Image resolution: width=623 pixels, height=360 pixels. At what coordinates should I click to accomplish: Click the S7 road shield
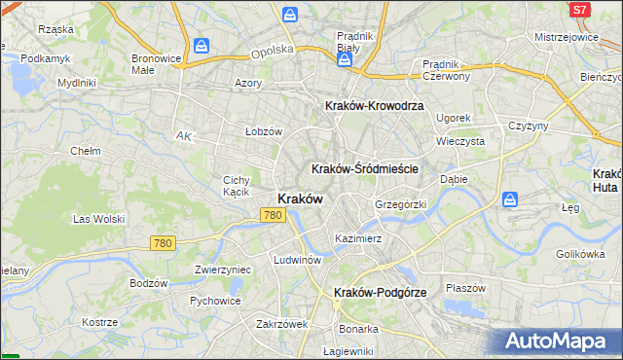click(x=580, y=9)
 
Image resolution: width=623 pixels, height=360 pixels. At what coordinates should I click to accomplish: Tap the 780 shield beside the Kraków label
click(x=274, y=215)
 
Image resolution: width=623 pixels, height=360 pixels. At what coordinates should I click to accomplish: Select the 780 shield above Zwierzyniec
click(x=163, y=242)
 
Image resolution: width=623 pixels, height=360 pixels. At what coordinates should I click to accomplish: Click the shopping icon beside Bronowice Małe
click(x=202, y=46)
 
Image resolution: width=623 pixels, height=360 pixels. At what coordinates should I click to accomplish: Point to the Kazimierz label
click(x=357, y=237)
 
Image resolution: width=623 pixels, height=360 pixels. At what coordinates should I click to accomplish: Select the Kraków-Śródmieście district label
click(x=365, y=168)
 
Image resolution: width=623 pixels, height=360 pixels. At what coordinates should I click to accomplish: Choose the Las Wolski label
click(x=95, y=219)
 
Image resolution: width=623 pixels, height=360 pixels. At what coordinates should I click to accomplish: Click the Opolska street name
click(x=272, y=49)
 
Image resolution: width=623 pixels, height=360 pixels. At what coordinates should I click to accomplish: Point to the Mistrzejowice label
click(x=566, y=36)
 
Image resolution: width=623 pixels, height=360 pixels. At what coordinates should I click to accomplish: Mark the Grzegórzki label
click(x=401, y=205)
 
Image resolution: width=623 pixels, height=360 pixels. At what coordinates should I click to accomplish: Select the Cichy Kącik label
click(x=238, y=186)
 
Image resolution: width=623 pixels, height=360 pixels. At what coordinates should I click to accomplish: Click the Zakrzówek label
click(x=281, y=324)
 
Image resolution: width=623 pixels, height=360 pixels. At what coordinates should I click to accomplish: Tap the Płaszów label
click(x=465, y=288)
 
